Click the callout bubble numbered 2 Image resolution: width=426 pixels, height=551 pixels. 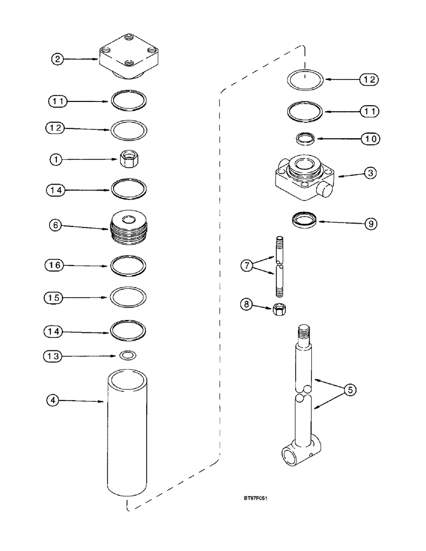[x=59, y=59]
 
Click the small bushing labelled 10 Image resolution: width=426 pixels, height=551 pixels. [x=305, y=139]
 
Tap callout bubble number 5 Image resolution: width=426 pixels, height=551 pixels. [x=349, y=390]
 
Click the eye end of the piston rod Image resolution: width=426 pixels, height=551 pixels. [x=298, y=455]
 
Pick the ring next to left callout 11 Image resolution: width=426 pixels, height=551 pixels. [x=129, y=101]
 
